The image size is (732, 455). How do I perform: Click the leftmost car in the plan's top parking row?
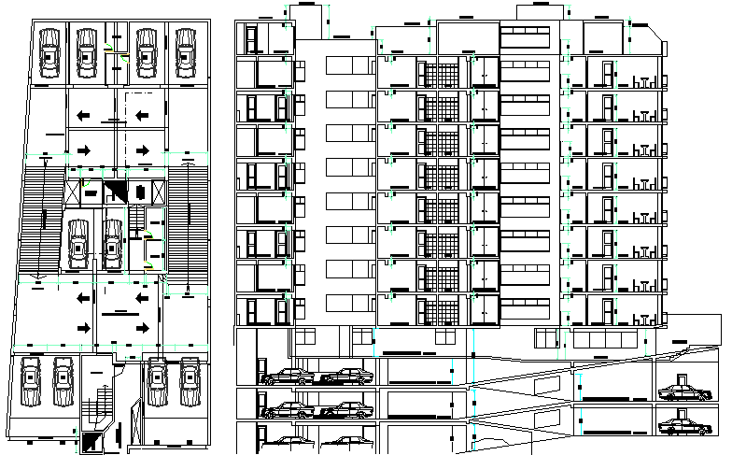[50, 52]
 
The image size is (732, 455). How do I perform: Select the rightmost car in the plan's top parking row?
[184, 52]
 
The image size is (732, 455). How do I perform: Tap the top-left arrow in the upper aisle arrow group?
[84, 115]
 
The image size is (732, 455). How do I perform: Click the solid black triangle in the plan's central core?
[117, 192]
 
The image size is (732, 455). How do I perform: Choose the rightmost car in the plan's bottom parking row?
[190, 382]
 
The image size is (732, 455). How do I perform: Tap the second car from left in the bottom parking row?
[64, 382]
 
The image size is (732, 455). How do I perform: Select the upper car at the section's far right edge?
[679, 392]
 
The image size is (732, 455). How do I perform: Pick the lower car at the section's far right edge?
[679, 427]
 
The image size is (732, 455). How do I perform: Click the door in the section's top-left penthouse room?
[252, 40]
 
